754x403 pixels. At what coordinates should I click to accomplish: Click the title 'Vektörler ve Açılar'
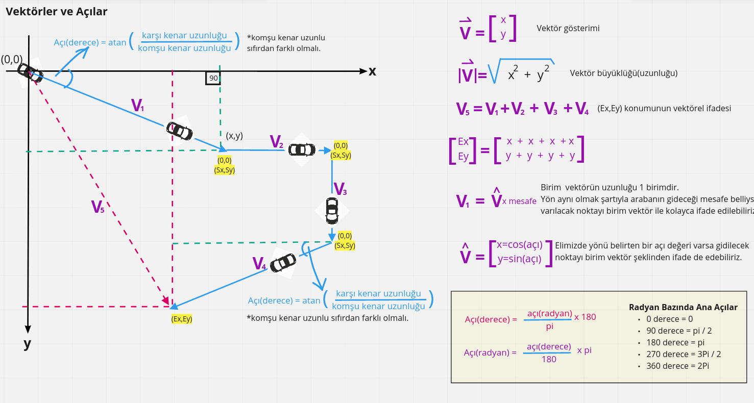[56, 11]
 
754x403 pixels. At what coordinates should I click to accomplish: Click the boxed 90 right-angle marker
[213, 78]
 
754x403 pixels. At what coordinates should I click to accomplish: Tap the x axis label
[372, 71]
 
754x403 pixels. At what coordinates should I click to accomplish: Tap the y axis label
[28, 344]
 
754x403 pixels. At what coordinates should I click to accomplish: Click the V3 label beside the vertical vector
[340, 189]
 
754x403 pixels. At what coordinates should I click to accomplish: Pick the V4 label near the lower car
[259, 264]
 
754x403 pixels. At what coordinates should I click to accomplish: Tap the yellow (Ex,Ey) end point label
[182, 319]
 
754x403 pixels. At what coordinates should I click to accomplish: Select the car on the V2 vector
[302, 149]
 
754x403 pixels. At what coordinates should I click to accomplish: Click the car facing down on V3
[332, 210]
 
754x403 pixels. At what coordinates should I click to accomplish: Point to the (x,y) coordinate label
[234, 136]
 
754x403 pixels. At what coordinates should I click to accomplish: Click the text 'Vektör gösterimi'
[568, 29]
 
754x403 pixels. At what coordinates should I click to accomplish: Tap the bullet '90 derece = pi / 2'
[678, 331]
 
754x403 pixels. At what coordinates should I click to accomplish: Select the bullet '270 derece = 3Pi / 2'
[683, 354]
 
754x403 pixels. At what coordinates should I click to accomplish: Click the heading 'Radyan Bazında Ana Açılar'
[683, 307]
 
